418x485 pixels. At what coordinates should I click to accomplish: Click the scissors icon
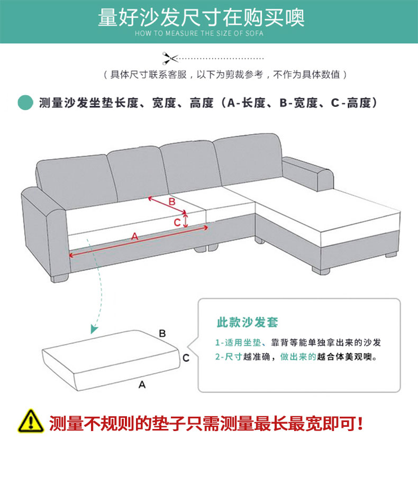170,58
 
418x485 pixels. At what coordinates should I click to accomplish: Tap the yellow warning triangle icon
30,422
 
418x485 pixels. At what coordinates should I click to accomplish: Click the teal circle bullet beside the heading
25,103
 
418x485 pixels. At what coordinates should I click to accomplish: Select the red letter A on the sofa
134,236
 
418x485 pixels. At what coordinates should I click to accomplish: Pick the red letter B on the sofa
172,202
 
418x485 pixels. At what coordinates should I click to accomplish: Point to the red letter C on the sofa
177,222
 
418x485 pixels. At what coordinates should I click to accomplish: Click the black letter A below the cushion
142,385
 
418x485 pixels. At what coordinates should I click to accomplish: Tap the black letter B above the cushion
162,333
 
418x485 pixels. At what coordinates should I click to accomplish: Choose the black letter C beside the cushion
186,358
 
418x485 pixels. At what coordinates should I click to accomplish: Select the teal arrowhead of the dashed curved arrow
94,329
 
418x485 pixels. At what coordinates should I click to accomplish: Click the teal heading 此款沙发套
247,322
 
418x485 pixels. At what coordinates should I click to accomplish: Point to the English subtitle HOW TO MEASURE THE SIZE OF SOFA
199,33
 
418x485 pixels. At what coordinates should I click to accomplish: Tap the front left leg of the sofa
60,278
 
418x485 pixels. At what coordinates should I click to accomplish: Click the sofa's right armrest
307,173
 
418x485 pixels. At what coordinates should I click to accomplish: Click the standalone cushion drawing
111,360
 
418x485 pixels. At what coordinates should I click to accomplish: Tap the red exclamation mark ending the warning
359,423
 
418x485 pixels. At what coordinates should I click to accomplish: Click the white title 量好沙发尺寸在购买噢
202,17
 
